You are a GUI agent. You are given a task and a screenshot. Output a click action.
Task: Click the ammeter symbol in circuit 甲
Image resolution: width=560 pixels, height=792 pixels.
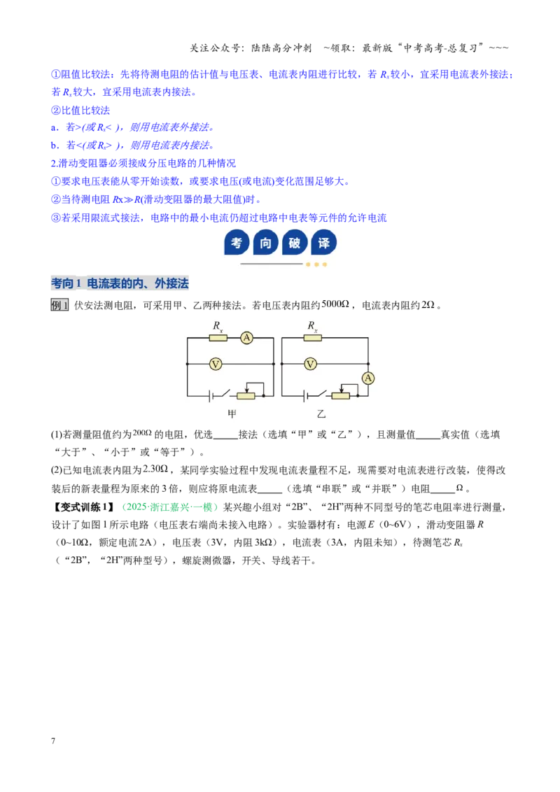246,337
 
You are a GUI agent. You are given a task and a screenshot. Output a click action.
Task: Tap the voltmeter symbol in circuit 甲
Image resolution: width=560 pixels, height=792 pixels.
216,364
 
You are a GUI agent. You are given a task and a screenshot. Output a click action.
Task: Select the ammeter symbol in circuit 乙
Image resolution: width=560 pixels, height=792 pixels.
368,379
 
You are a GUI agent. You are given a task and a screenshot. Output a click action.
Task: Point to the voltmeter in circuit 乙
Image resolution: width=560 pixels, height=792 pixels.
310,364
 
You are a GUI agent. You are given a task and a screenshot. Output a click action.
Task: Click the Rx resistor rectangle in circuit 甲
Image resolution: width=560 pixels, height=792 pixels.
218,338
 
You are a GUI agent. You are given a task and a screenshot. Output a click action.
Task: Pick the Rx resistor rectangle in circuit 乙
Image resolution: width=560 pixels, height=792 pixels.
313,338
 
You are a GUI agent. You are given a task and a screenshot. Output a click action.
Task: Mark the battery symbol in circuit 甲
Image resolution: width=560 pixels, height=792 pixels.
210,396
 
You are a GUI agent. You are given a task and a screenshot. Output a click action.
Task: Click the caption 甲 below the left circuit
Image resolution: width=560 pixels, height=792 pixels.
232,414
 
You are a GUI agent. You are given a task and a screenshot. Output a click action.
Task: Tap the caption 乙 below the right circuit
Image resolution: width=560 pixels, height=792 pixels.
321,414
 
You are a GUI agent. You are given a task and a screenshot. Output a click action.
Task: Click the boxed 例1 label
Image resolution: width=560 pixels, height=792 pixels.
59,305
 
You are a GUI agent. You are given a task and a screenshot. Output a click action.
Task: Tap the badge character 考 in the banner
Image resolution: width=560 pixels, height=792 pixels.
237,243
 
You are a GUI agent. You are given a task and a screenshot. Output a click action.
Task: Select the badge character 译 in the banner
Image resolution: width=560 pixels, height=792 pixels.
323,243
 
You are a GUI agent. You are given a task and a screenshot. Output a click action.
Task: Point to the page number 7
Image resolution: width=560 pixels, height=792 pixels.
53,740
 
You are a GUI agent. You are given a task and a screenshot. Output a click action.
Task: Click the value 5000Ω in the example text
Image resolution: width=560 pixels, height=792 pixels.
335,304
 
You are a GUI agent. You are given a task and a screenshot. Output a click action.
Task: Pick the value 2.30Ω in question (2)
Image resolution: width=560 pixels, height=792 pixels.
155,469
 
